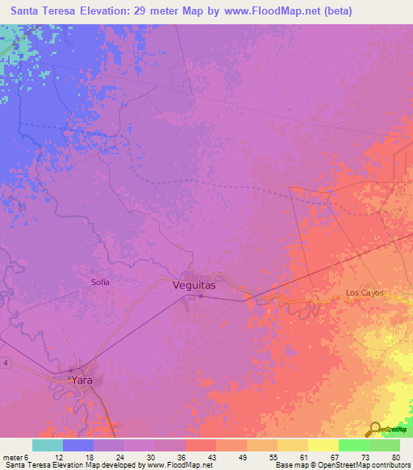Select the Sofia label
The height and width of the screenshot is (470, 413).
(99, 282)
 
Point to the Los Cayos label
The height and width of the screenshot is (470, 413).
(364, 292)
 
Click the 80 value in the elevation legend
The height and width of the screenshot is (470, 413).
(396, 457)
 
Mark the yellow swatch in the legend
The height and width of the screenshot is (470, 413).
(323, 445)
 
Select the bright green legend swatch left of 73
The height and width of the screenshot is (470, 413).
(354, 445)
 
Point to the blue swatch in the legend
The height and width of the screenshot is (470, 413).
(78, 445)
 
